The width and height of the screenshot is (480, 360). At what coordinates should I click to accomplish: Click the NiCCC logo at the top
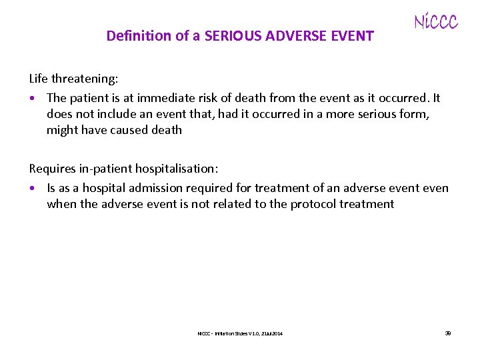(436, 22)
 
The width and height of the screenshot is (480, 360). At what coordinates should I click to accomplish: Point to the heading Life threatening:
(73, 79)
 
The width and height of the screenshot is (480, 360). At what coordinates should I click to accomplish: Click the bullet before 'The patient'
(33, 99)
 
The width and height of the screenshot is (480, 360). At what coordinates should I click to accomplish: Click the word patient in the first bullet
(91, 98)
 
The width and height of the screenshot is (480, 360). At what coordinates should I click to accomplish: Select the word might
(62, 130)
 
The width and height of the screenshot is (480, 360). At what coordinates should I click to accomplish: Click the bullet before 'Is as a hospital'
(33, 189)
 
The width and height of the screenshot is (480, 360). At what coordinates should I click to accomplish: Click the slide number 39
(448, 333)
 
